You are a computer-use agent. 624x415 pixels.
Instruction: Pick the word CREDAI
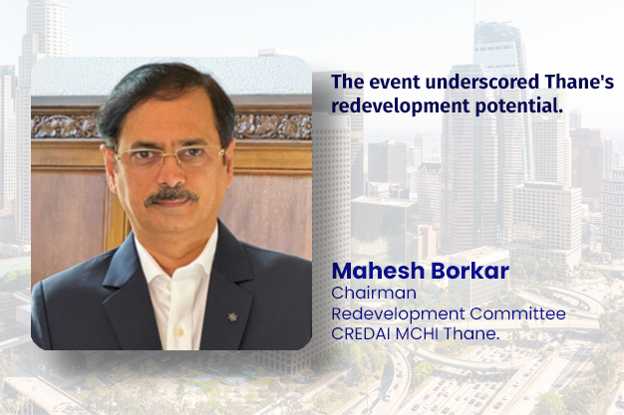pyautogui.click(x=364, y=332)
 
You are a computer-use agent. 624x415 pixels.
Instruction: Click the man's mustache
pyautogui.click(x=170, y=195)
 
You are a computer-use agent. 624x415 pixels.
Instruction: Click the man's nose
pyautogui.click(x=171, y=175)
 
